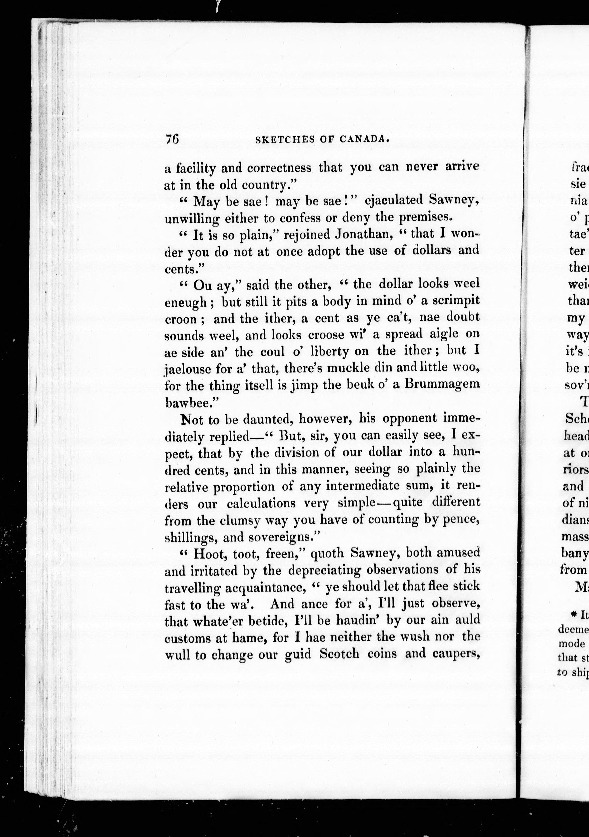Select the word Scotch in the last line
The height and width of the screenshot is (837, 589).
coord(339,654)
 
